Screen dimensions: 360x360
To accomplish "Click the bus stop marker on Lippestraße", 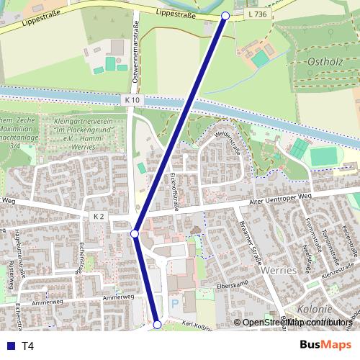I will [225, 15].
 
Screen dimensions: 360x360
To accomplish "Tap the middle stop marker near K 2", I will [135, 234].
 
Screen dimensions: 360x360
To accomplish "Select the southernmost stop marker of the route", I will [158, 325].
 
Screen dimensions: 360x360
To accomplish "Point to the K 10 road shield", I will [131, 99].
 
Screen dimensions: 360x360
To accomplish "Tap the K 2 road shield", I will [99, 216].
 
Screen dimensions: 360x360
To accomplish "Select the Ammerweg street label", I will [118, 297].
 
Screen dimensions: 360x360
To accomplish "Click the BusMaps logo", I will [325, 345].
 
